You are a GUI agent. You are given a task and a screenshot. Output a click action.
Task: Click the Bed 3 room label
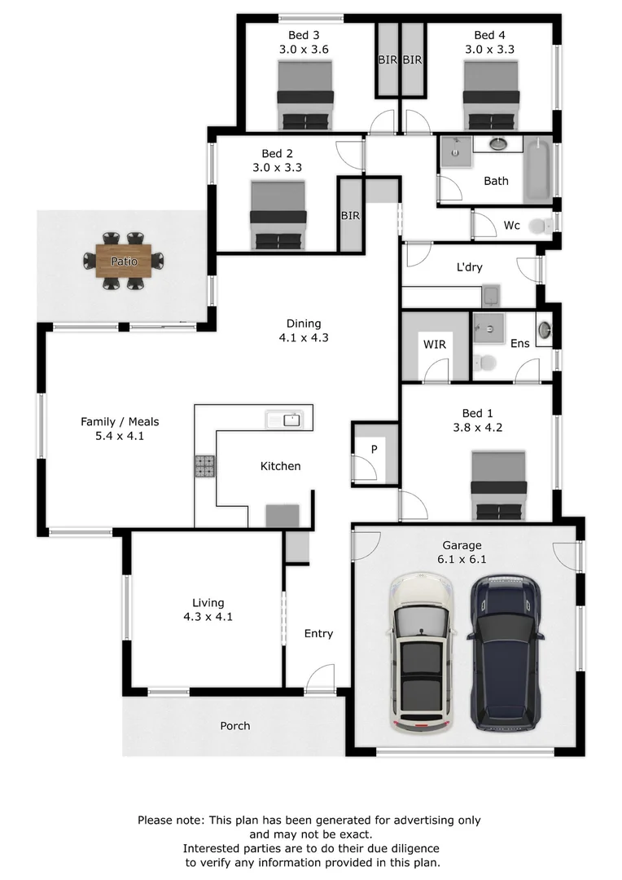304,35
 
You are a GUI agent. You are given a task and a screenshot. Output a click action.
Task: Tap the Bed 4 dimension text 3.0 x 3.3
489,49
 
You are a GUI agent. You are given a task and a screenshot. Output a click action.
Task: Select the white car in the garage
420,652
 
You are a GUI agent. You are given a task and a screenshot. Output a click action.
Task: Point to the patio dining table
124,261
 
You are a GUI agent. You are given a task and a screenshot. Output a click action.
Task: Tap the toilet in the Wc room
540,226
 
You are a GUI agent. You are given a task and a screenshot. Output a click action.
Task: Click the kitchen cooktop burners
204,465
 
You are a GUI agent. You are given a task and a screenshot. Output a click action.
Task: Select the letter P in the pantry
374,450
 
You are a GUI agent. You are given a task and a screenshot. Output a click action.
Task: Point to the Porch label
235,725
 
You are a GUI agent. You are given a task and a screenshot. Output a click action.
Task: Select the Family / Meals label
120,421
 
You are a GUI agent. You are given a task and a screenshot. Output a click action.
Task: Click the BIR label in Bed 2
350,216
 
